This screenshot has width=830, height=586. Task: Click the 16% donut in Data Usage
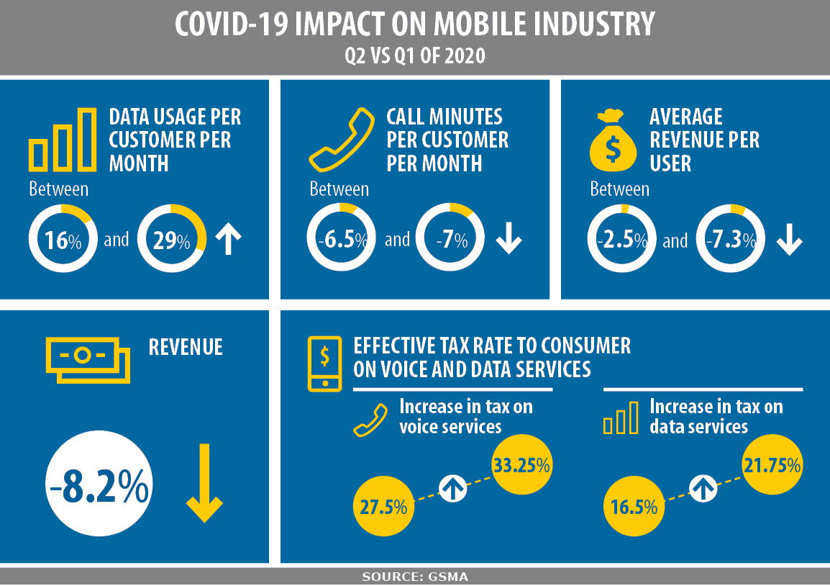(62, 239)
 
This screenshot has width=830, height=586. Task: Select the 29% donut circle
(171, 239)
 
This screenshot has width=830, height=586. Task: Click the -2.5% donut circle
(621, 239)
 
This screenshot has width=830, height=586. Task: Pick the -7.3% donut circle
(731, 239)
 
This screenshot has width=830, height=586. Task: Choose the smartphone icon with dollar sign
(324, 364)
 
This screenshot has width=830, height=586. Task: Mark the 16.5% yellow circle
(633, 506)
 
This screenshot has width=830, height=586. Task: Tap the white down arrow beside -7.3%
(789, 240)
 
